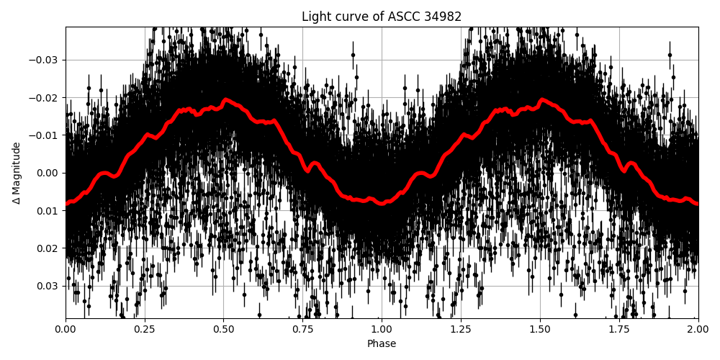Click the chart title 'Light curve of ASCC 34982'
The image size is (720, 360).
tap(382, 17)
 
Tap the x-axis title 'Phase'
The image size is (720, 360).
tap(382, 344)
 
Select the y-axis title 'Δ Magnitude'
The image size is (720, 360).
tap(17, 173)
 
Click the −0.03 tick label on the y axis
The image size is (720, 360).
tap(45, 60)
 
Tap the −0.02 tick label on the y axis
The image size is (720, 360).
tap(45, 98)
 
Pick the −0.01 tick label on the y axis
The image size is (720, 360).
tap(45, 135)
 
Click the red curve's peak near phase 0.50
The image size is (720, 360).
tap(225, 100)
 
